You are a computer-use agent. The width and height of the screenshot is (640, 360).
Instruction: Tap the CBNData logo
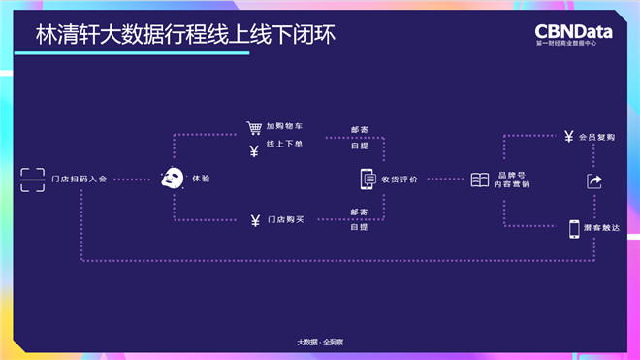pos(573,30)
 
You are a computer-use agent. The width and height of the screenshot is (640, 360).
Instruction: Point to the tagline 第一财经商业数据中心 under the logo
pos(573,44)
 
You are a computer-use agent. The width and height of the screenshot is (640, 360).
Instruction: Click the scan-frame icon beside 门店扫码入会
pos(33,179)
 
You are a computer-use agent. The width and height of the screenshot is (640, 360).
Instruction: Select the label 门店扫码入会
pos(80,180)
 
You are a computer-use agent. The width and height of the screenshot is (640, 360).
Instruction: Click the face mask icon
pos(173,179)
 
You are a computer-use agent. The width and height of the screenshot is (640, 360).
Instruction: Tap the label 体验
pos(201,180)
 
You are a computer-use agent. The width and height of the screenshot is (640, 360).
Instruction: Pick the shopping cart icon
pos(254,128)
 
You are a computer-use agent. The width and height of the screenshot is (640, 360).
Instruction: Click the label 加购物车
pos(284,128)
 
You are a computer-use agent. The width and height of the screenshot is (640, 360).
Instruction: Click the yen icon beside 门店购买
pos(254,219)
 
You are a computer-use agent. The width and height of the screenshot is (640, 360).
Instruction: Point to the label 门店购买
pos(286,219)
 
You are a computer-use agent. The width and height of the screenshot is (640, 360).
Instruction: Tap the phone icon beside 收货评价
pos(368,179)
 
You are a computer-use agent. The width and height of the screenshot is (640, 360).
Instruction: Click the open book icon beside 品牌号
pos(479,180)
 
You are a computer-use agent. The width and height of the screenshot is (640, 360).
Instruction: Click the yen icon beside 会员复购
pos(568,138)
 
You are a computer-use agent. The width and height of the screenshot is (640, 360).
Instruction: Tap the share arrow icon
pos(594,181)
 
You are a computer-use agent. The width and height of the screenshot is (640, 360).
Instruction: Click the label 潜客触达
pos(600,228)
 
